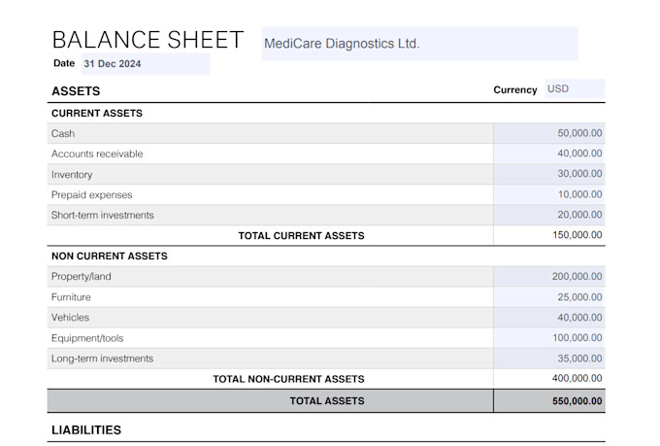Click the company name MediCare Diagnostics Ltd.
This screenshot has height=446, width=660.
point(342,44)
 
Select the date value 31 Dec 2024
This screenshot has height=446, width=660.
point(113,64)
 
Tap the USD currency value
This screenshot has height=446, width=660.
point(558,89)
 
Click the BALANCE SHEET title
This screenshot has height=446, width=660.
point(148,40)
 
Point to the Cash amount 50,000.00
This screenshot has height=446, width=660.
point(579,133)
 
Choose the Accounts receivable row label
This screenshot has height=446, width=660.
point(97,154)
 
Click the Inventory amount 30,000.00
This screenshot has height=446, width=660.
point(579,174)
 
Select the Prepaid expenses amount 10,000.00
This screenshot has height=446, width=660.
point(580,194)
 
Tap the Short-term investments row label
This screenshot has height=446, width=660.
point(103,215)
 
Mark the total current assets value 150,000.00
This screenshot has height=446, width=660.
point(577,235)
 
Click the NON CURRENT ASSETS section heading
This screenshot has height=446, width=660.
point(110,256)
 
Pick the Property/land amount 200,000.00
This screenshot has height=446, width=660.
point(577,277)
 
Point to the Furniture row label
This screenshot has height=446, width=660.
point(71,297)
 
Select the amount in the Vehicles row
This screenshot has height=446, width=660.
point(579,318)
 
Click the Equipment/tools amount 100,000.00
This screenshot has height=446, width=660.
point(577,338)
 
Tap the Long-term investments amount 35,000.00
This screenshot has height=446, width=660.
point(579,359)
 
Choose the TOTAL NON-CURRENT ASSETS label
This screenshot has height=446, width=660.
point(289,379)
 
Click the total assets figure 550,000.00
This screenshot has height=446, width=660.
point(577,401)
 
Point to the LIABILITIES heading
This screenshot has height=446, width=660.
point(86,430)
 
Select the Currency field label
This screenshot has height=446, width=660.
point(515,89)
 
